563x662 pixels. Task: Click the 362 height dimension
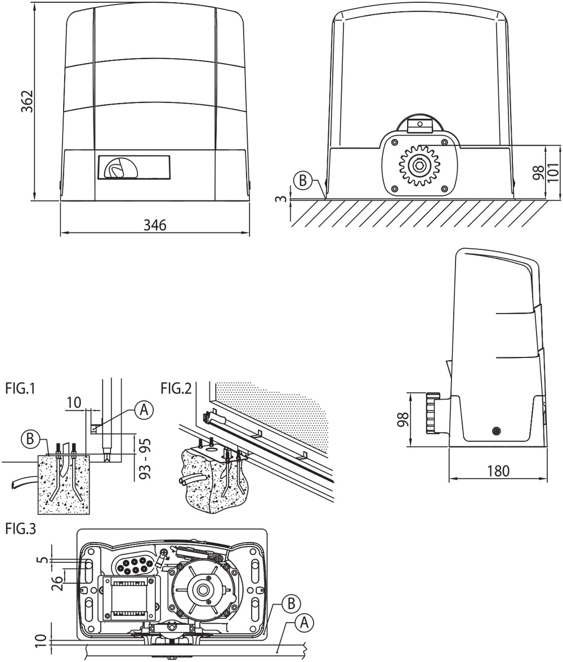pos(27,101)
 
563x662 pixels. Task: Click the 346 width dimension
pos(155,225)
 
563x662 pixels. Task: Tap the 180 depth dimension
pos(498,471)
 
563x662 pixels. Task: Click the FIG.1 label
pos(20,388)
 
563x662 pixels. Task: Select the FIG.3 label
pos(20,529)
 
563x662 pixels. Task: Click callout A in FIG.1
pos(144,410)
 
